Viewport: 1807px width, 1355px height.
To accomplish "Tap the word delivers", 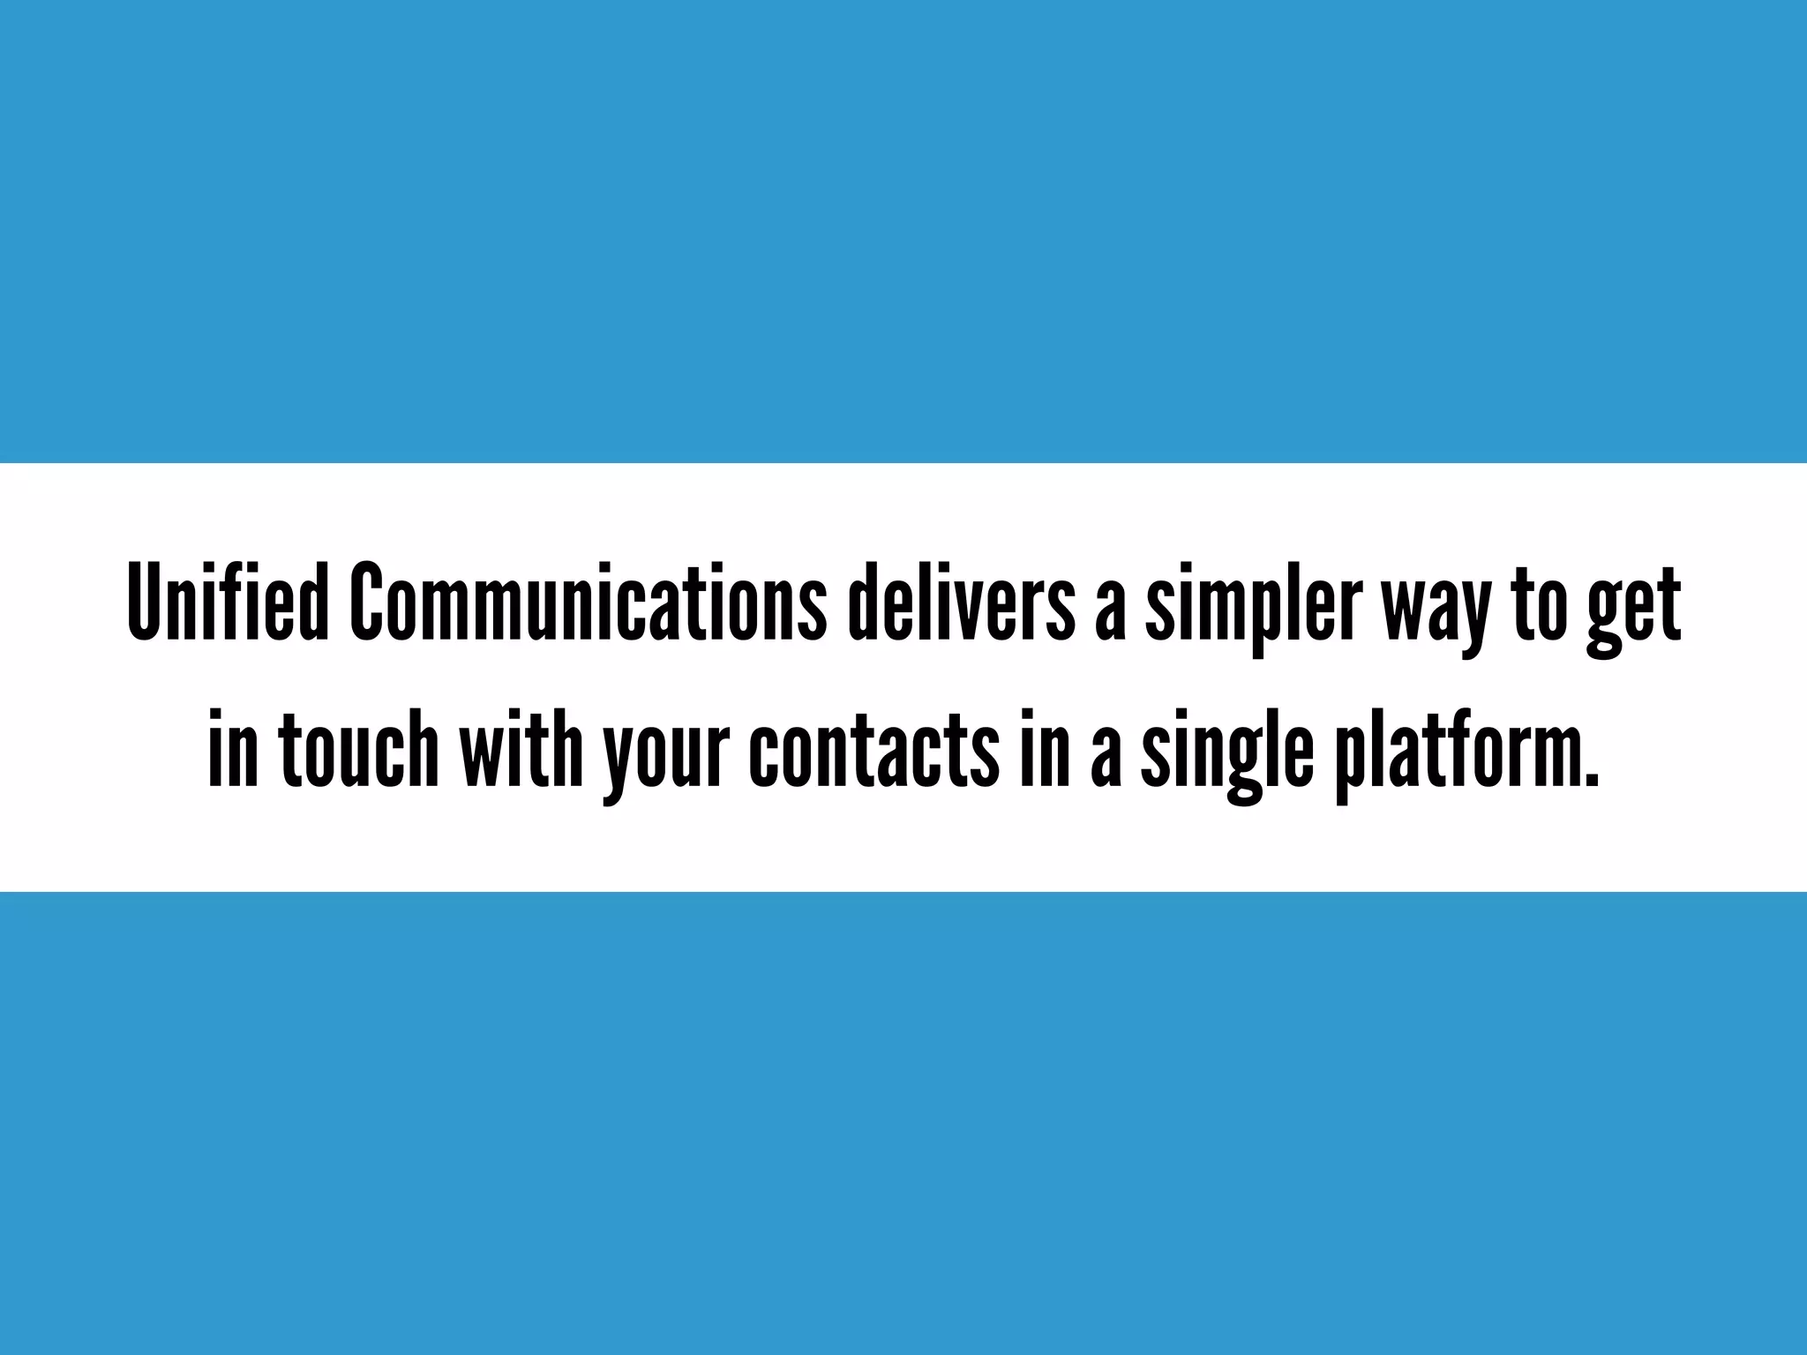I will click(x=962, y=602).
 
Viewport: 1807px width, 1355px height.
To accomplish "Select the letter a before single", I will click(x=1106, y=756).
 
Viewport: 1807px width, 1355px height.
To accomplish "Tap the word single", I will click(x=1226, y=756).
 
